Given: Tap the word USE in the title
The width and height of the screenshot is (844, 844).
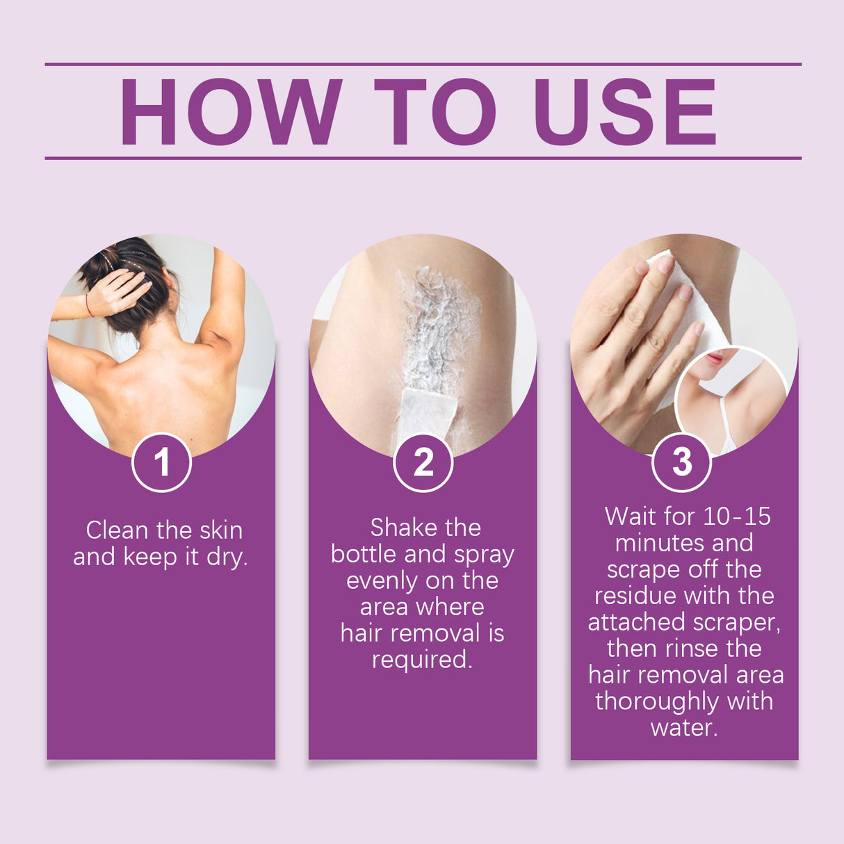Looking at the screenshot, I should point(624,112).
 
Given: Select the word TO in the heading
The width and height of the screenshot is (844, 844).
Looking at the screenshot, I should point(435,112).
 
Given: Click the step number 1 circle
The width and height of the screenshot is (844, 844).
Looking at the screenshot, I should point(162,462).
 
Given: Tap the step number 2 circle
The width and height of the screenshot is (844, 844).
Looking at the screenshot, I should point(423,462).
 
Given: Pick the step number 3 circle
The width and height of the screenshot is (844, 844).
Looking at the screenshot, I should point(682,462).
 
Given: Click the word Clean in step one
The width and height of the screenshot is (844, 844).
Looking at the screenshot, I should point(117,530).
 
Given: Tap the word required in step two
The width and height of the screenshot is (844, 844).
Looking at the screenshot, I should point(422,660).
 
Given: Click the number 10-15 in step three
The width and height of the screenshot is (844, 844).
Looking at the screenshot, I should point(736,517).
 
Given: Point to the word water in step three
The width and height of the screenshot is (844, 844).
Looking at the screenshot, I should point(683,728).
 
